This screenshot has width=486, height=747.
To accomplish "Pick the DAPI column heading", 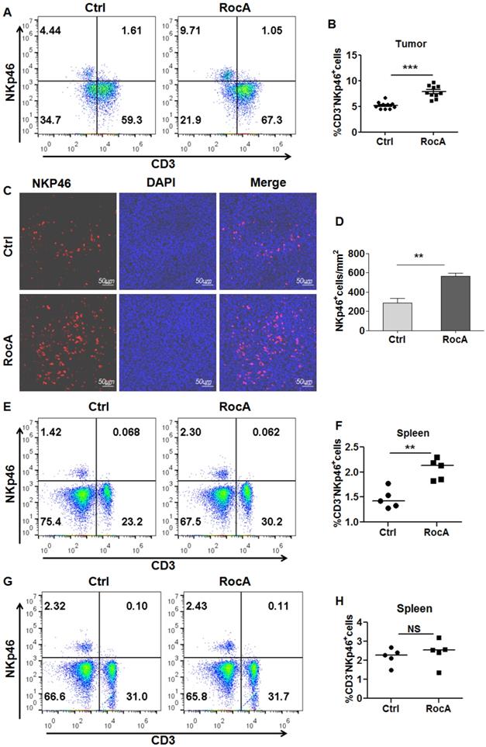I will (x=164, y=183).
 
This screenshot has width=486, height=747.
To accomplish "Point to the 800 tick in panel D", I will (x=356, y=253).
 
